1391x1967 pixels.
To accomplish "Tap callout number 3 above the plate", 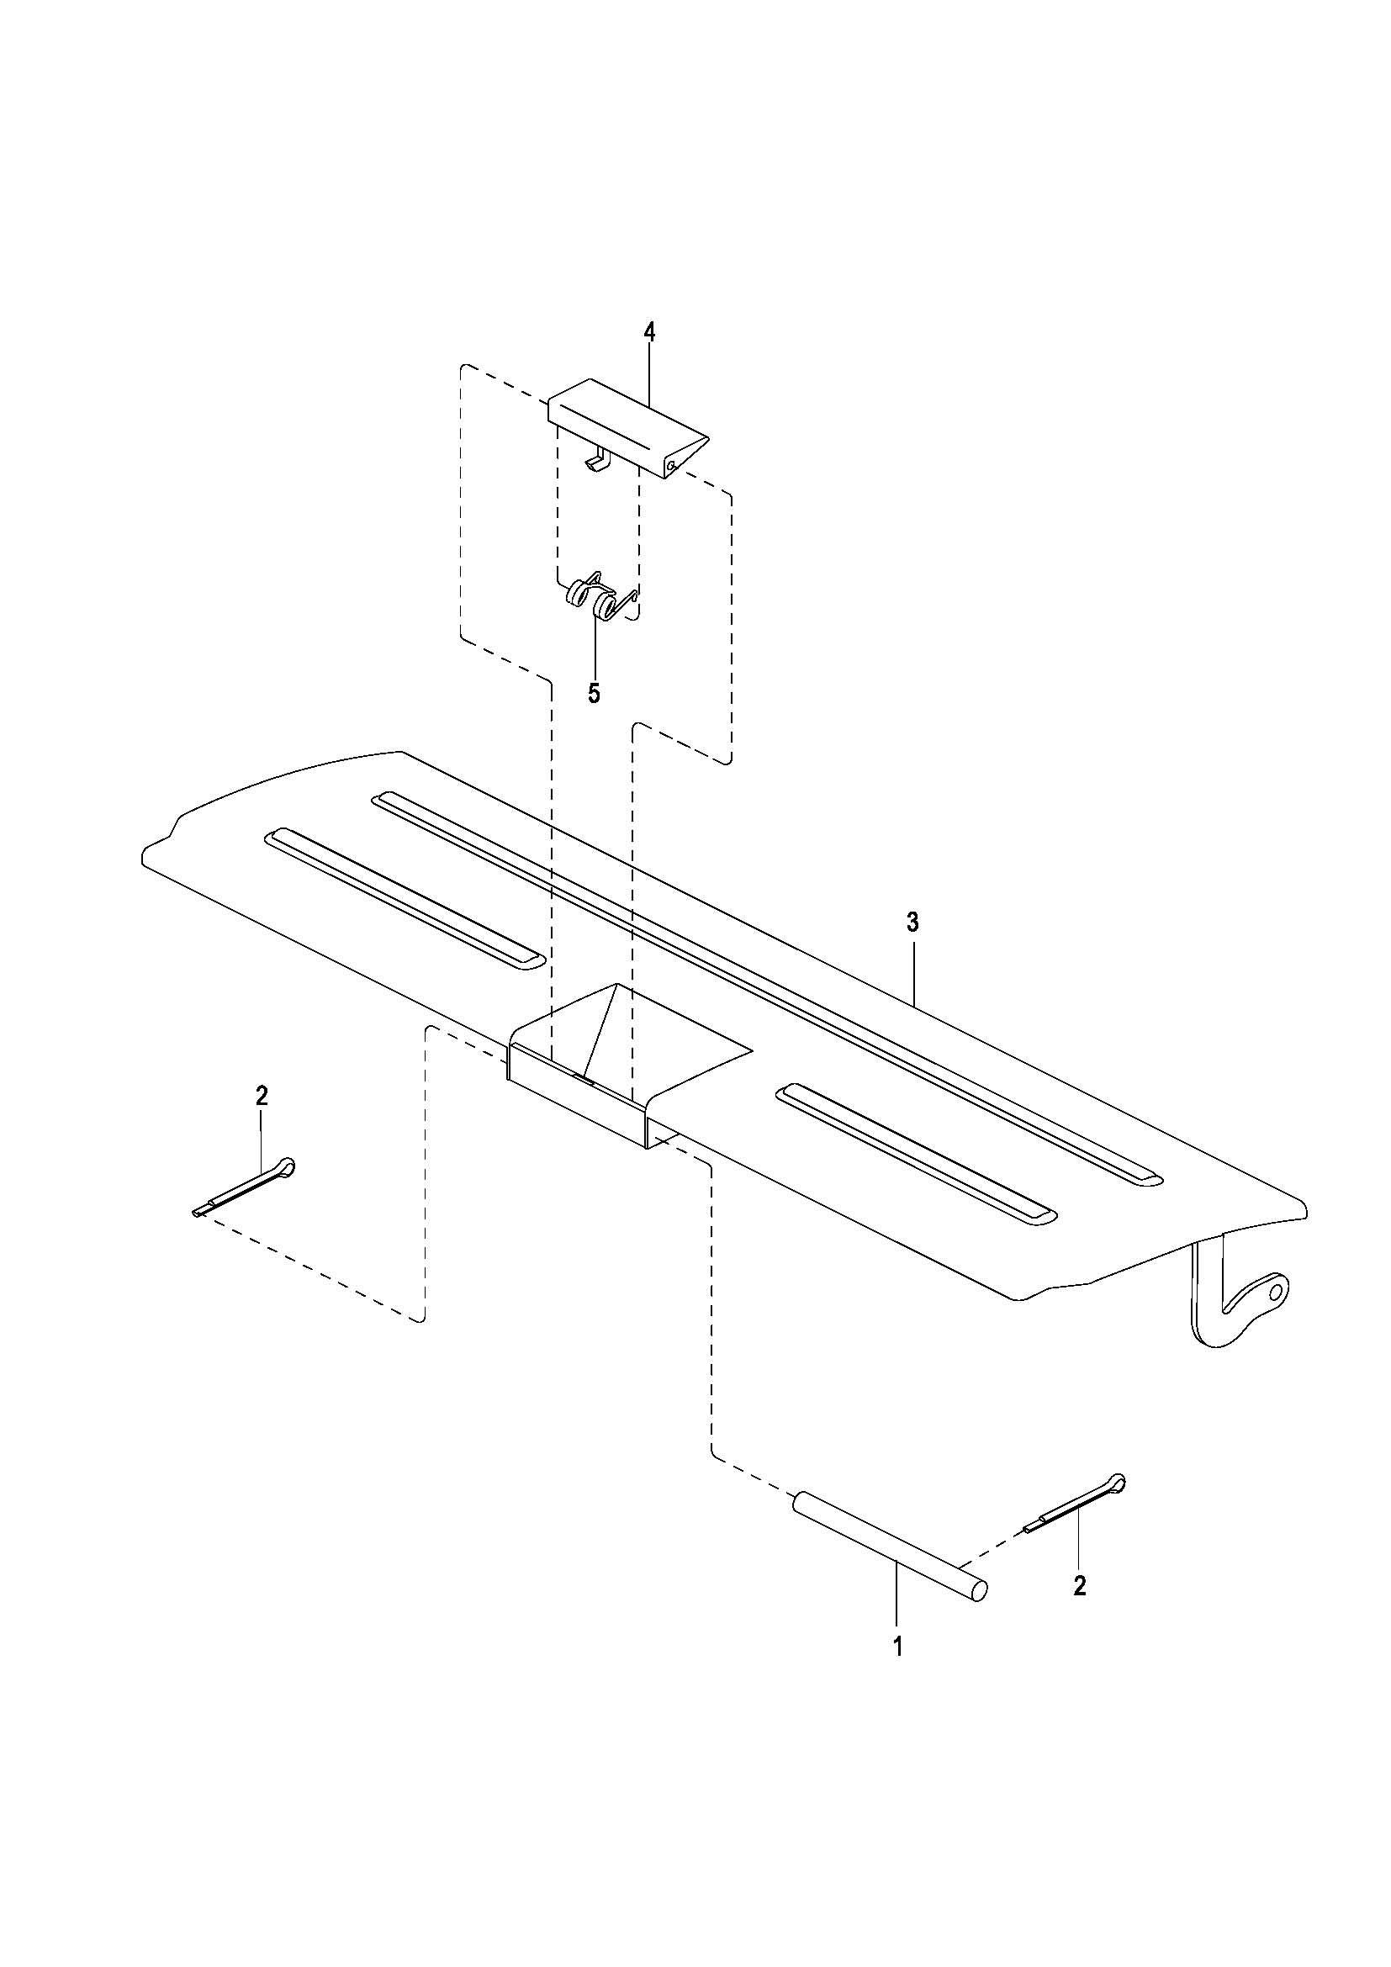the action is pyautogui.click(x=912, y=923).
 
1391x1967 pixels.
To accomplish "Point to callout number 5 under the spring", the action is pyautogui.click(x=594, y=693).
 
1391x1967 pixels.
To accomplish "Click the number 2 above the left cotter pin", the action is pyautogui.click(x=262, y=1096).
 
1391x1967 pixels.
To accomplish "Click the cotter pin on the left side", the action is pyautogui.click(x=244, y=1186).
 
